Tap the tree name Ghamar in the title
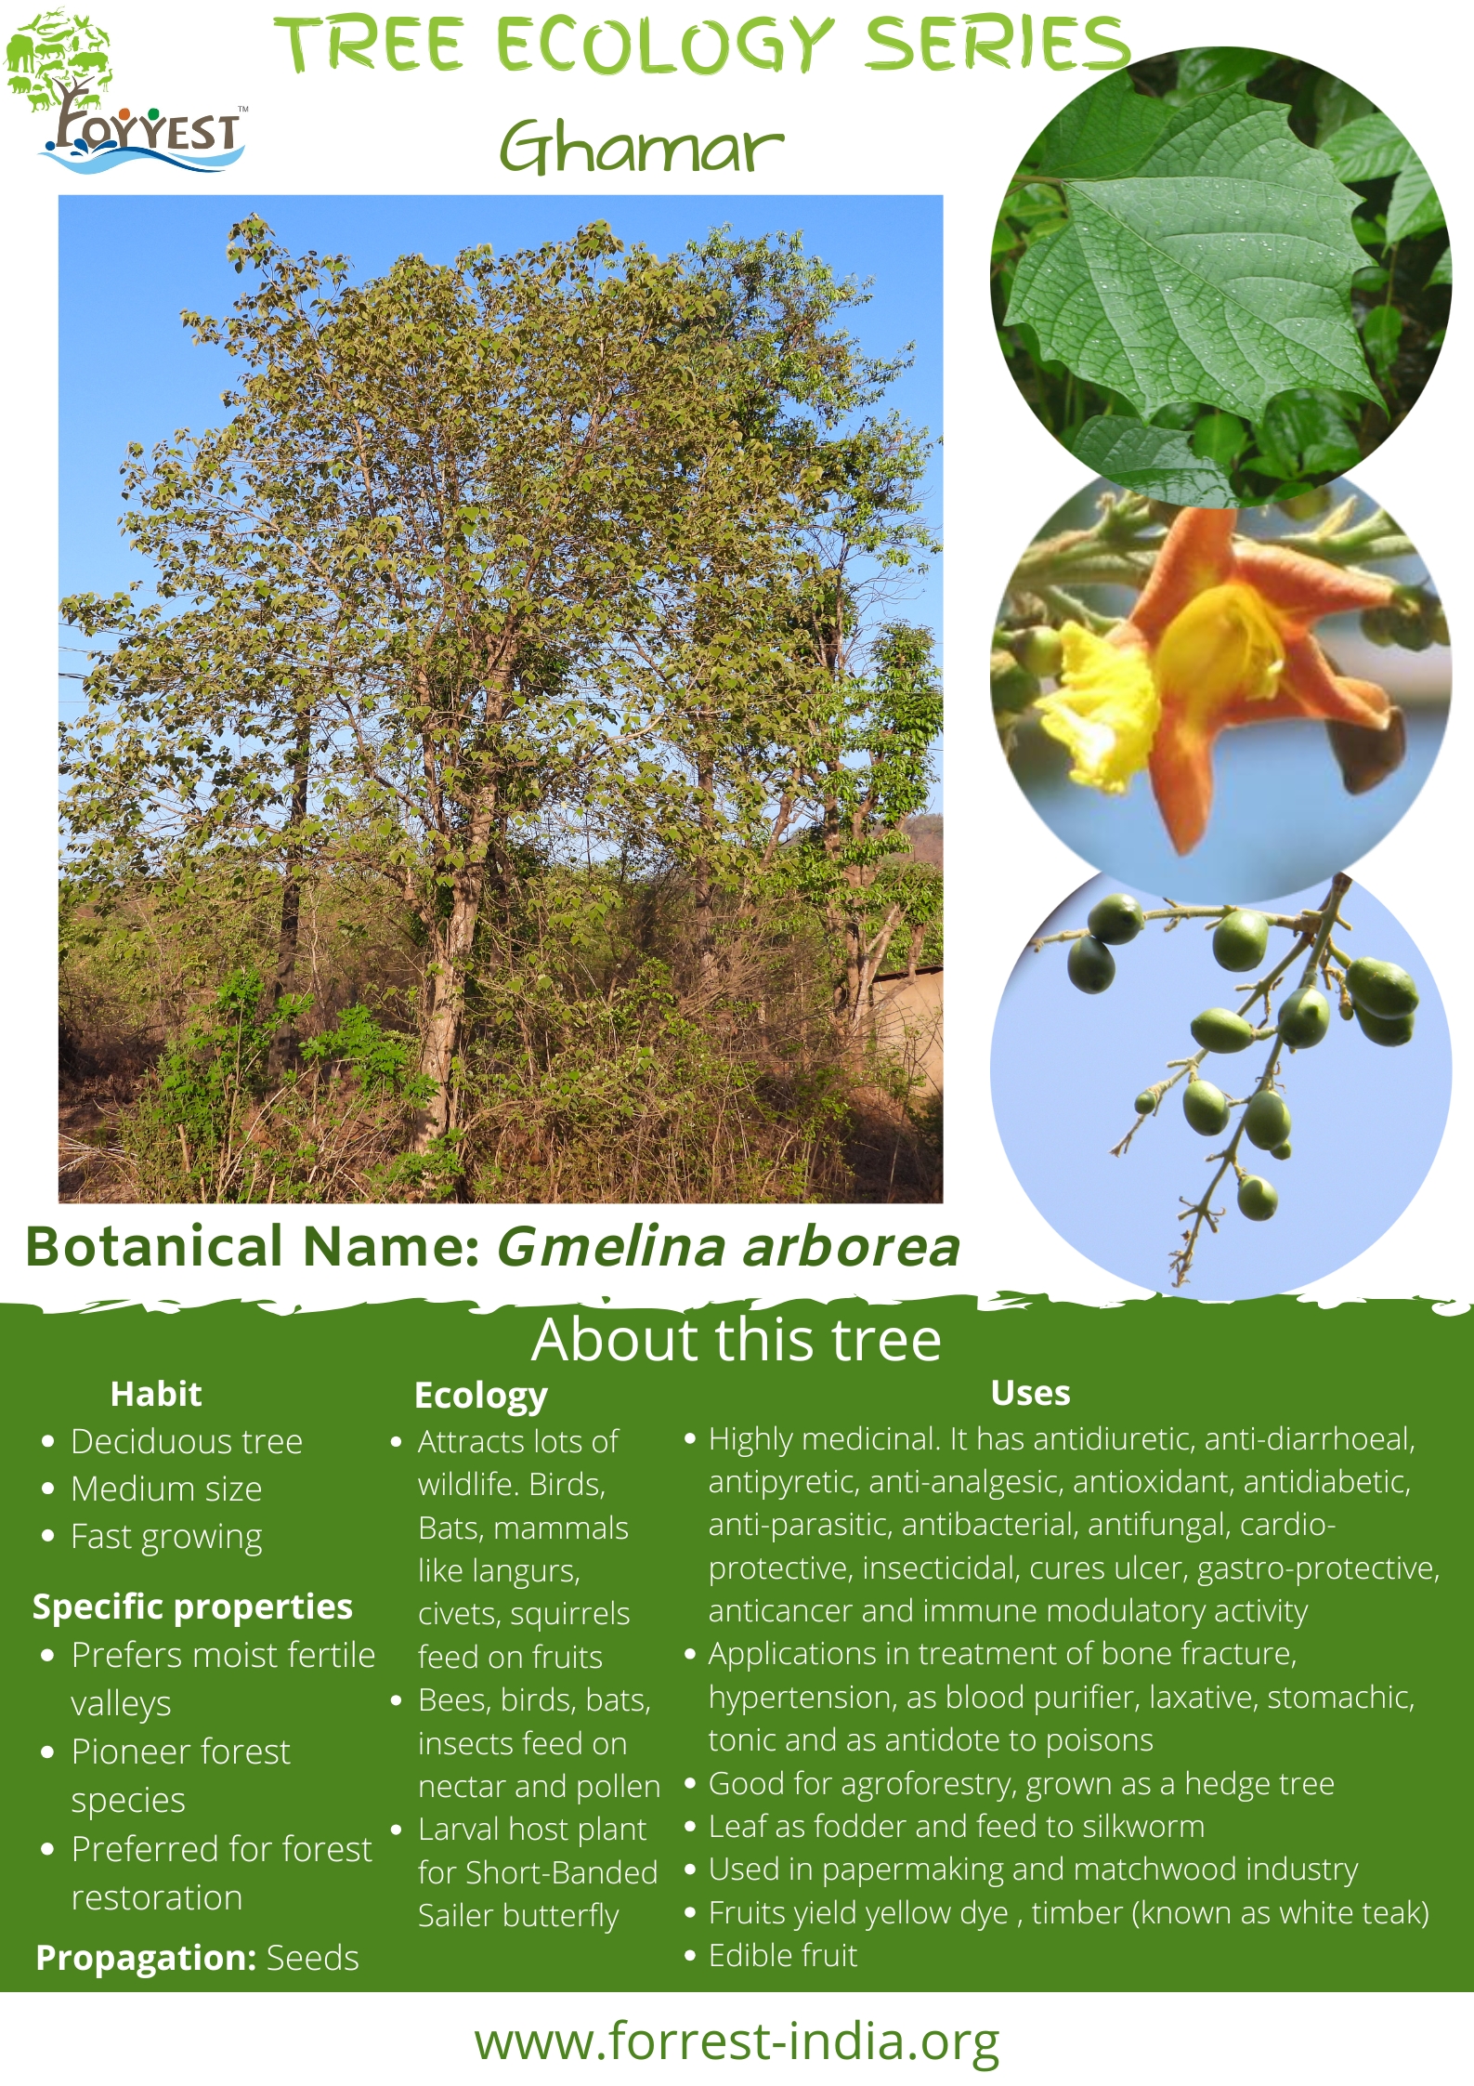pyautogui.click(x=641, y=148)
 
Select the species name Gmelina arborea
pyautogui.click(x=728, y=1247)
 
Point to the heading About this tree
pyautogui.click(x=737, y=1340)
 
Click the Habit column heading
pyautogui.click(x=156, y=1394)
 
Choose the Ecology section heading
pyautogui.click(x=480, y=1396)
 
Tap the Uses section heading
pyautogui.click(x=1030, y=1393)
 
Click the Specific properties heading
pyautogui.click(x=192, y=1607)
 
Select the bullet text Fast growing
pyautogui.click(x=166, y=1538)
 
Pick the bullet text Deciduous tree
pyautogui.click(x=187, y=1441)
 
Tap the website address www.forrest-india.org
pyautogui.click(x=737, y=2042)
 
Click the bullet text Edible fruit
pyautogui.click(x=783, y=1956)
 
